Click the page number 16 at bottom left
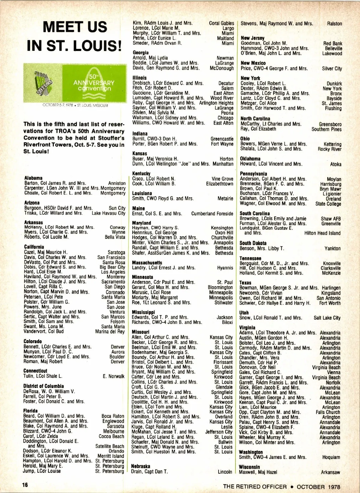[25, 485]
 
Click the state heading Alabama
[33, 178]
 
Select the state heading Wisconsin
[249, 467]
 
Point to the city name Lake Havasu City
[108, 213]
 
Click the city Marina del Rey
[110, 332]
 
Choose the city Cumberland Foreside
[212, 214]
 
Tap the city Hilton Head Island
[322, 233]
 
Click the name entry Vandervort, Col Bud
[44, 332]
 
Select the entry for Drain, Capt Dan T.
[149, 472]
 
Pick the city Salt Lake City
[327, 318]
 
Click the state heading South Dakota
[253, 243]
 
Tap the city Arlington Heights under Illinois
[216, 103]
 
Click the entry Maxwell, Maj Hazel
[258, 472]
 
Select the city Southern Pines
[326, 129]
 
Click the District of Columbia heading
[43, 386]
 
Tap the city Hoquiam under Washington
[331, 458]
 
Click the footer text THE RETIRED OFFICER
[255, 486]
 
